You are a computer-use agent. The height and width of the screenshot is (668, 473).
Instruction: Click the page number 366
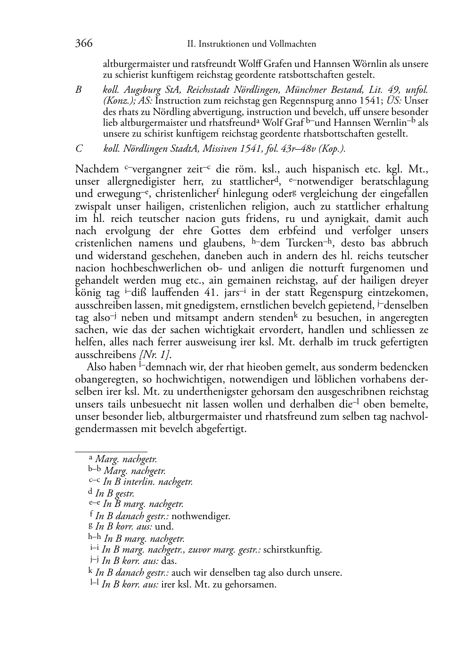pos(84,43)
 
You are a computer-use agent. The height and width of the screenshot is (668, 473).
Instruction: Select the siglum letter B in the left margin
pos(79,90)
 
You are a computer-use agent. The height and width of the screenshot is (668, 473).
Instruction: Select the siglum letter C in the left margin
pos(79,148)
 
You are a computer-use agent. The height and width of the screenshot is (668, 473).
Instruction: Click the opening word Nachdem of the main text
pos(97,169)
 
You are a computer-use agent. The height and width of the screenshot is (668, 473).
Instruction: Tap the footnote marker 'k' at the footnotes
pos(90,571)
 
